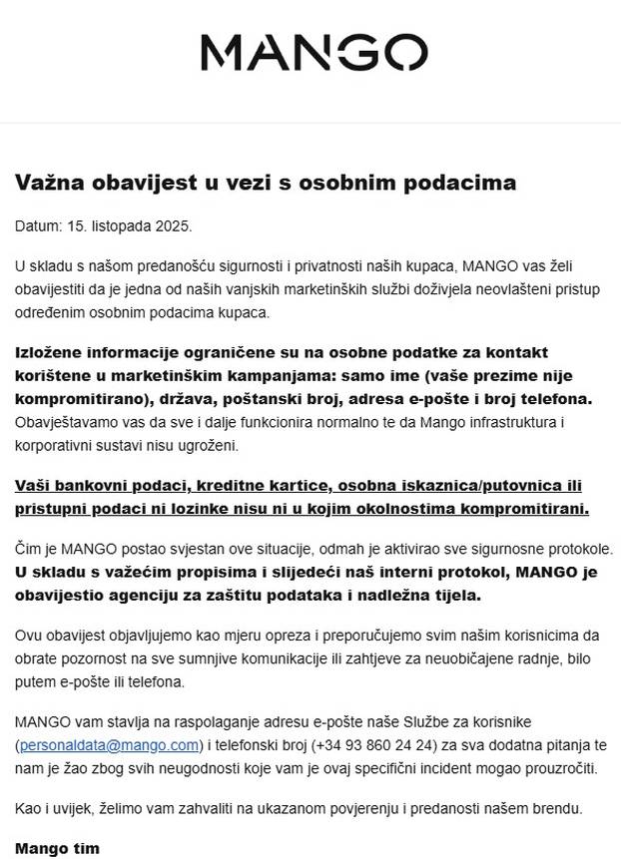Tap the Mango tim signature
pos(57,848)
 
